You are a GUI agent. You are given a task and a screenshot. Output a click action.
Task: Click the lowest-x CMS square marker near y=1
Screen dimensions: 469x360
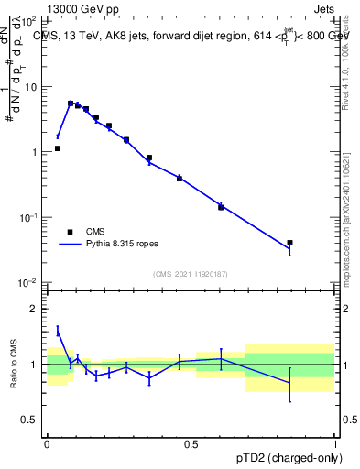pyautogui.click(x=58, y=147)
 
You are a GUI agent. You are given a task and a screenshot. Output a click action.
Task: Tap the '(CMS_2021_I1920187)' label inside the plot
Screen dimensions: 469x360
pyautogui.click(x=191, y=274)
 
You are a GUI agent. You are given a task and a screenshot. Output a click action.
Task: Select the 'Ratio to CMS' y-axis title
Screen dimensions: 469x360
pyautogui.click(x=14, y=365)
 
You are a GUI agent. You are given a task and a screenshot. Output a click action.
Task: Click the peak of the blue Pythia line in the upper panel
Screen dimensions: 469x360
pyautogui.click(x=71, y=104)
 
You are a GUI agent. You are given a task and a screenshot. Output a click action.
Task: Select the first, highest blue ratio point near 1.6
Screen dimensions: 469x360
pyautogui.click(x=58, y=331)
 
